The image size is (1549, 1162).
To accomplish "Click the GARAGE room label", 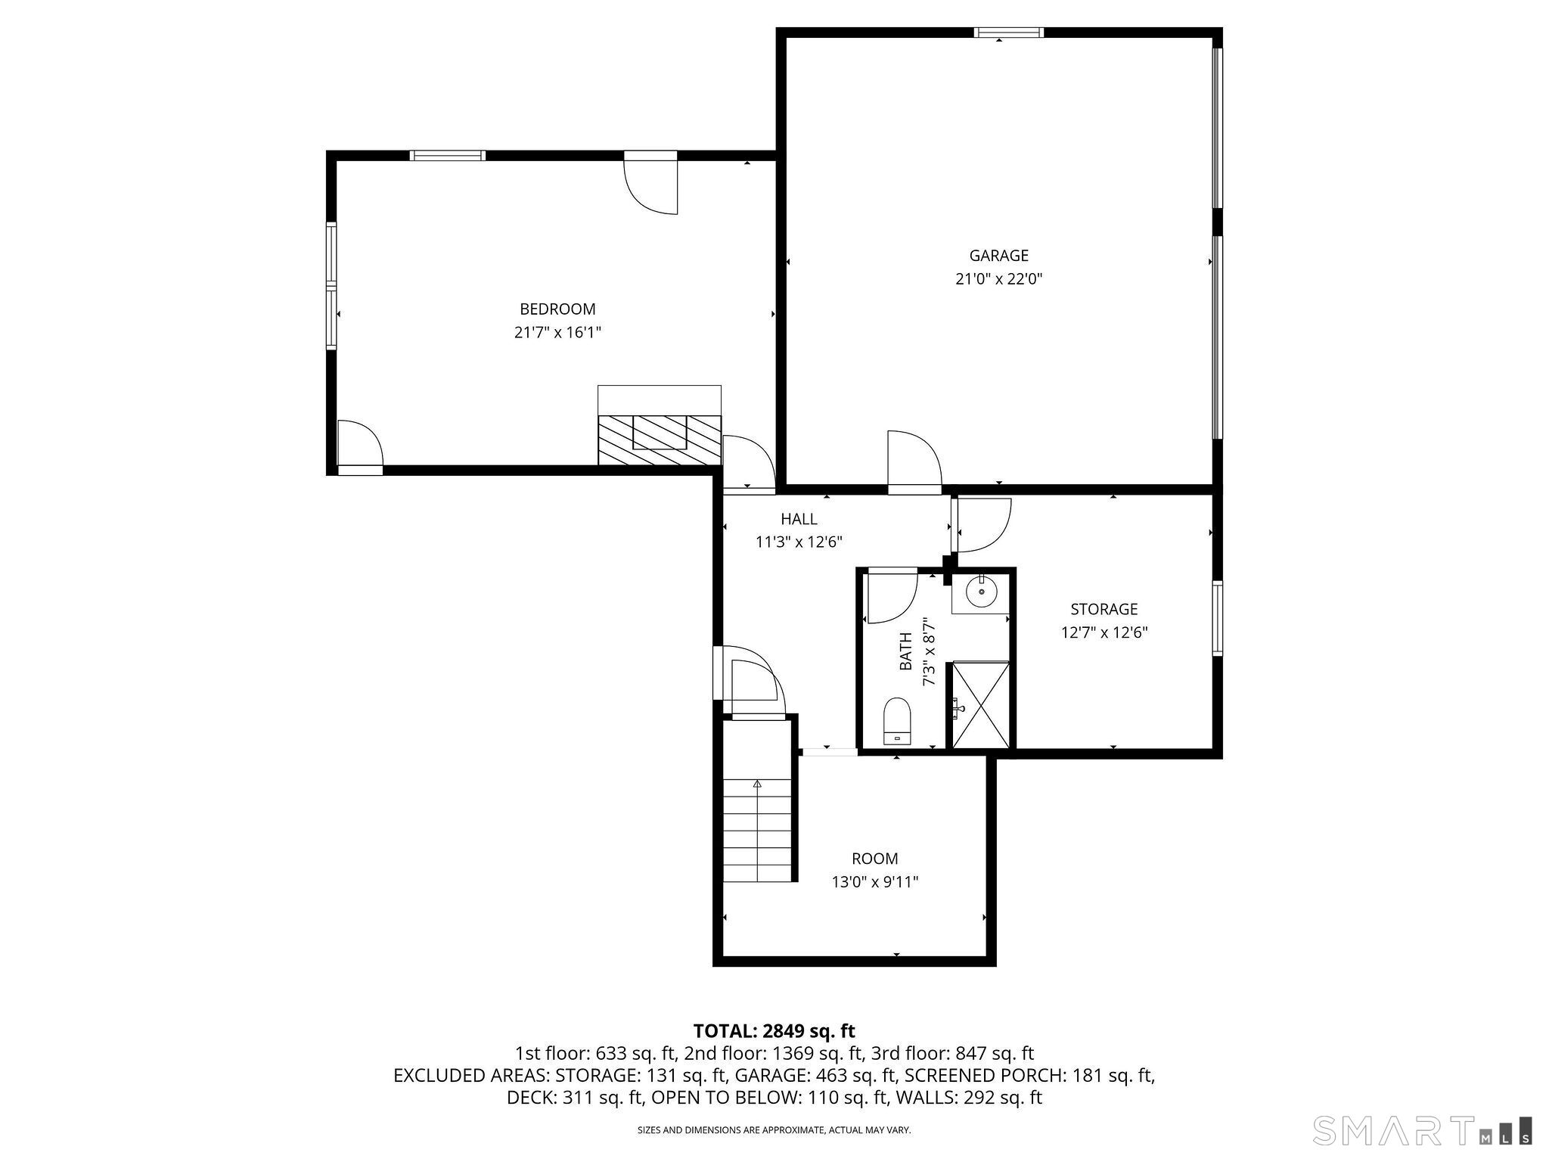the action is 998,256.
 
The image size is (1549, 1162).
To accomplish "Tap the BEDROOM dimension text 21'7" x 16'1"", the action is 557,333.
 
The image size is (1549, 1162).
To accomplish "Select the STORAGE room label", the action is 1104,609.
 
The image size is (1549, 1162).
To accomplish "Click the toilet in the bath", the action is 897,721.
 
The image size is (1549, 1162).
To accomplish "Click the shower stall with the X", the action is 980,705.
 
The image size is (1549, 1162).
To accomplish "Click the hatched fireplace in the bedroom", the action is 660,440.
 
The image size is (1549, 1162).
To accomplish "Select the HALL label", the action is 799,519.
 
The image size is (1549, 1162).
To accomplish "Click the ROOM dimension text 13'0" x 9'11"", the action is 875,882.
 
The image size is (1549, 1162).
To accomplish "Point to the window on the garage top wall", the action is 1009,33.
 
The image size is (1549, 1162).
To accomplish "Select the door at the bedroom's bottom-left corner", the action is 360,447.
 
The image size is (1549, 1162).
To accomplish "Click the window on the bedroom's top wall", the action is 447,156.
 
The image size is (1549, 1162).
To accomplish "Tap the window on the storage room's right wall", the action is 1217,617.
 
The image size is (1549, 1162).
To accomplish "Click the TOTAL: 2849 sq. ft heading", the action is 774,1031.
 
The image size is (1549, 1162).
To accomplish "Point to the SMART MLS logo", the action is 1422,1129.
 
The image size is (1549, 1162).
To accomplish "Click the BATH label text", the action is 906,655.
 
